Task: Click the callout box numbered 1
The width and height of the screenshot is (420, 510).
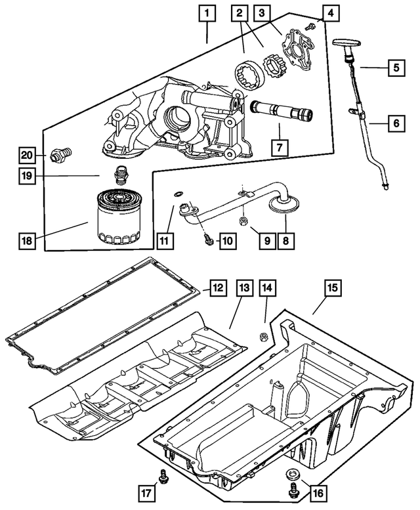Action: click(x=207, y=12)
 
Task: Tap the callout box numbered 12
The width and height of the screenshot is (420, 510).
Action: click(x=218, y=287)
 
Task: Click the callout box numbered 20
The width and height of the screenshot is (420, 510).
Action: click(x=26, y=155)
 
